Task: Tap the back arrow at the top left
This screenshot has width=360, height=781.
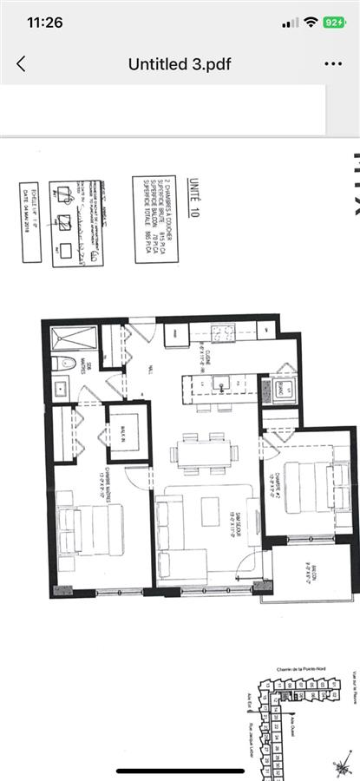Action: pyautogui.click(x=22, y=64)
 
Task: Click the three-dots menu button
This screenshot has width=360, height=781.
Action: pyautogui.click(x=332, y=64)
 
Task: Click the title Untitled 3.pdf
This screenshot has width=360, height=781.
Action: pyautogui.click(x=180, y=64)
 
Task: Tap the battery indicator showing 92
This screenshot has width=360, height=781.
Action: pyautogui.click(x=334, y=23)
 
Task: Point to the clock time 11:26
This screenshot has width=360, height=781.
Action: pyautogui.click(x=41, y=23)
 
